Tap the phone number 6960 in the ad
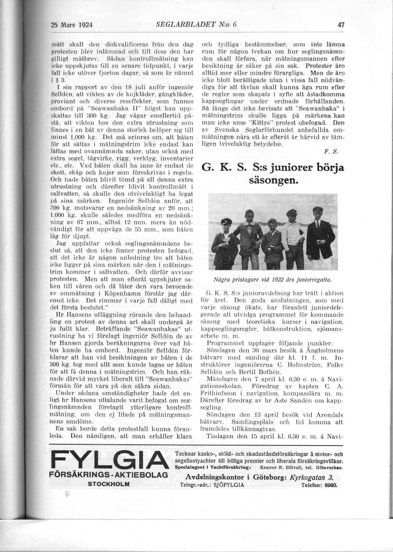pyautogui.click(x=330, y=485)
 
